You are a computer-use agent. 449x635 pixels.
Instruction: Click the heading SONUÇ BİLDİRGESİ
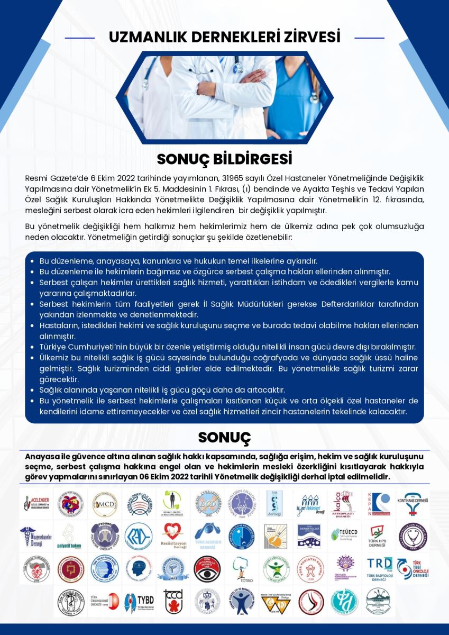pyautogui.click(x=224, y=159)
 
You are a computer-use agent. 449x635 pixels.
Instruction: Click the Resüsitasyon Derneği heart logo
pyautogui.click(x=172, y=536)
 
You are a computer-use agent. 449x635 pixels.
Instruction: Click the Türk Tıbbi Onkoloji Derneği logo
pyautogui.click(x=413, y=569)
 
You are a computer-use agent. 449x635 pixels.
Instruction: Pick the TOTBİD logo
pyautogui.click(x=241, y=569)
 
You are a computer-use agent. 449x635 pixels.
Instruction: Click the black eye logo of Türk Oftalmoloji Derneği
pyautogui.click(x=207, y=569)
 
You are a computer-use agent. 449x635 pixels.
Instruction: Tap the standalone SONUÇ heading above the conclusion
pyautogui.click(x=224, y=438)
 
